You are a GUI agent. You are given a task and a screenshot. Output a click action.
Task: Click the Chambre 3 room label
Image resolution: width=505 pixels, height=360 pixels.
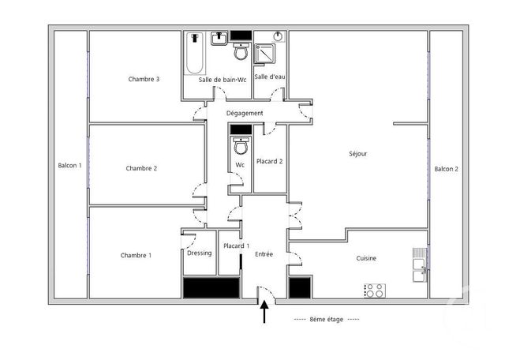tap(144, 79)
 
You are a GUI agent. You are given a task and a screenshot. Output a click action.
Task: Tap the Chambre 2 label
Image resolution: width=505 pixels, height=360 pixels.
tap(141, 168)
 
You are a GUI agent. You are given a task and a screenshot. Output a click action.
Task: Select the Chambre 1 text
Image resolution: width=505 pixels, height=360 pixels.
tap(137, 255)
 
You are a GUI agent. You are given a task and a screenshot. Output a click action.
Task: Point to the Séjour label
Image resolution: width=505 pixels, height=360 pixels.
tap(357, 154)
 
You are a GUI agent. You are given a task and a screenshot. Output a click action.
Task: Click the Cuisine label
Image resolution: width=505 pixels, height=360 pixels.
tap(365, 258)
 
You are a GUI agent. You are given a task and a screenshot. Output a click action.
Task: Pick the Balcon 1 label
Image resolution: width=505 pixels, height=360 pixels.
tap(69, 165)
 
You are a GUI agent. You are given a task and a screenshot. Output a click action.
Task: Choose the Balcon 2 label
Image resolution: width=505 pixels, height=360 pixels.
tap(446, 169)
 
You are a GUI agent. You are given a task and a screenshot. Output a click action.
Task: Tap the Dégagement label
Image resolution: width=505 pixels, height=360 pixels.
tap(245, 114)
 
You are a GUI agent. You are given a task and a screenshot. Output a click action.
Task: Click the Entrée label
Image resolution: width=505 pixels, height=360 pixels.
tap(264, 254)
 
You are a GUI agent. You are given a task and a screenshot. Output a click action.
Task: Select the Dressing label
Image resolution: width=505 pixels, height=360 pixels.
tap(199, 253)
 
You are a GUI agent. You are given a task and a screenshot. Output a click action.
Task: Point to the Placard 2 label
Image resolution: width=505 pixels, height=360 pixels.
tap(270, 161)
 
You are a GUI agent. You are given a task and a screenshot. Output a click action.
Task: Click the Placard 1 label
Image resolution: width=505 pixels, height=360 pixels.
tap(237, 246)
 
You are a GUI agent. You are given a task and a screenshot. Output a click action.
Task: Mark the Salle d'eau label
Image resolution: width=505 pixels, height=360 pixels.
tap(270, 77)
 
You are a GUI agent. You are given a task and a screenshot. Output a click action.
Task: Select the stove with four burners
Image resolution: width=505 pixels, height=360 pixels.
tap(375, 291)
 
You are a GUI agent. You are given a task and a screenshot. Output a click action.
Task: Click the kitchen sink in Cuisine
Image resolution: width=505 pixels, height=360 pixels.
tap(419, 264)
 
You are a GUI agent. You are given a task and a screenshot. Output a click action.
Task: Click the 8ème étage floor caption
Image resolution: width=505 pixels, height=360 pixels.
tap(326, 320)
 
